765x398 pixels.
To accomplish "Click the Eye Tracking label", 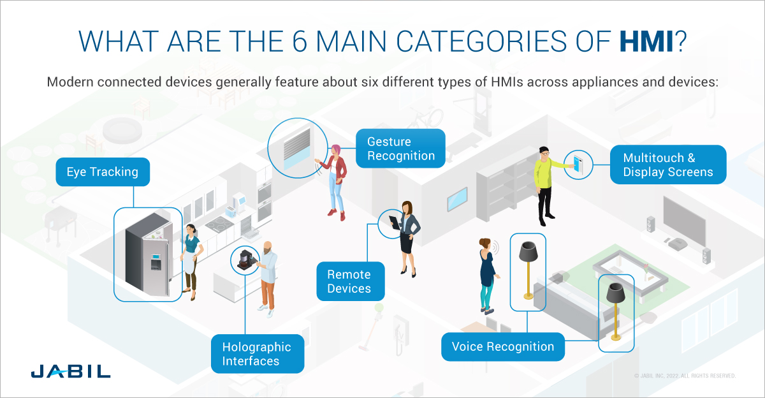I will pyautogui.click(x=103, y=172).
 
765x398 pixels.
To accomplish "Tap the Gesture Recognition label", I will pyautogui.click(x=400, y=149).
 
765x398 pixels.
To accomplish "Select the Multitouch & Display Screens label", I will pyautogui.click(x=668, y=165).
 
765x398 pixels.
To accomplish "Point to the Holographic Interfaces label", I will pyautogui.click(x=257, y=354).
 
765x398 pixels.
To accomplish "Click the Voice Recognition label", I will pyautogui.click(x=503, y=347).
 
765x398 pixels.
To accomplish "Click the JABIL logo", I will pyautogui.click(x=70, y=371).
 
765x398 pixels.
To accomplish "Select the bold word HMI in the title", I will pyautogui.click(x=645, y=41).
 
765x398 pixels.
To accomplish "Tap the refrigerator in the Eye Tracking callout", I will pyautogui.click(x=145, y=255).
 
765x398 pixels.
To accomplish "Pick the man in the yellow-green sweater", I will pyautogui.click(x=544, y=185).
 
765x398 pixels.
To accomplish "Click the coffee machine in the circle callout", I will pyautogui.click(x=245, y=260).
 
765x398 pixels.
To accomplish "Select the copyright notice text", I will pyautogui.click(x=685, y=376).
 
